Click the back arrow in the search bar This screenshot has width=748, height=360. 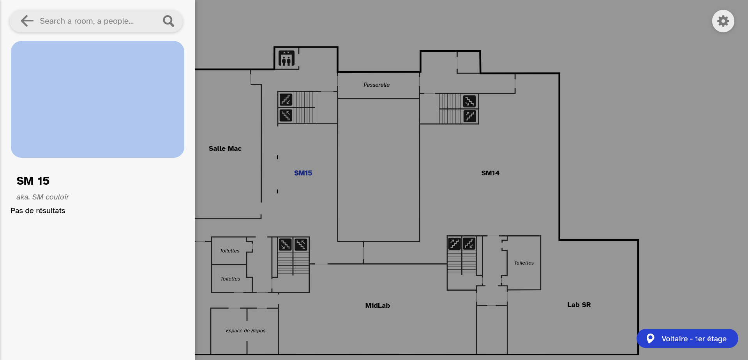[27, 21]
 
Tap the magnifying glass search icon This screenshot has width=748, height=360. [168, 21]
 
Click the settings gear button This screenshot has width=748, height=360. [723, 21]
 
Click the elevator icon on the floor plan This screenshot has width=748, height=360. [286, 59]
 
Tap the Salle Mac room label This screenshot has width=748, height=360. [225, 148]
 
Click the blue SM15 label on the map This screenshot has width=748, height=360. [303, 173]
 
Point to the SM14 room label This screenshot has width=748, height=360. [490, 173]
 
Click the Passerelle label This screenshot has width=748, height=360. [376, 85]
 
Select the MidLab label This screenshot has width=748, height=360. [378, 305]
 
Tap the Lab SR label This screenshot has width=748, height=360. [579, 305]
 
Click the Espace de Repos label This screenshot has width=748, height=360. [245, 331]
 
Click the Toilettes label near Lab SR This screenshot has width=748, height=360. [524, 263]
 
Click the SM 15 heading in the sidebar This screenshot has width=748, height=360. [33, 181]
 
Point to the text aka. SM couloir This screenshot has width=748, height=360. [42, 197]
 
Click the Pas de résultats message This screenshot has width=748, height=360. [38, 211]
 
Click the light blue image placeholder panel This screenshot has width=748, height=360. [97, 99]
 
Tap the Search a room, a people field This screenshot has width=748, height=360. [93, 21]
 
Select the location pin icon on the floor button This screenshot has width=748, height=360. [650, 339]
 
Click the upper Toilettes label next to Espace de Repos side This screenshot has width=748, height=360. [229, 251]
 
